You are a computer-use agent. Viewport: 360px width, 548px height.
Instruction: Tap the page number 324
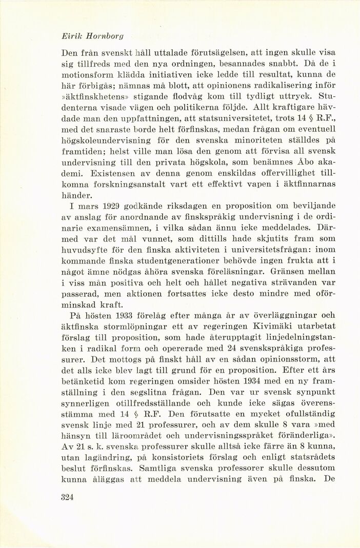68,497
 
